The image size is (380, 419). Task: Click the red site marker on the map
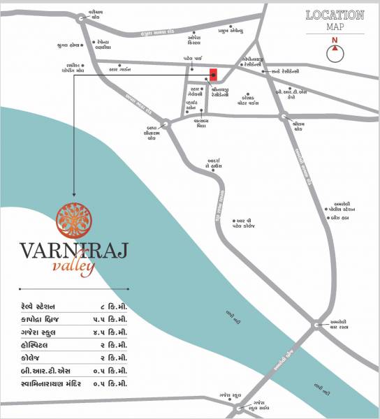coord(213,75)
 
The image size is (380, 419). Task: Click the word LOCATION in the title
coord(335,15)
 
